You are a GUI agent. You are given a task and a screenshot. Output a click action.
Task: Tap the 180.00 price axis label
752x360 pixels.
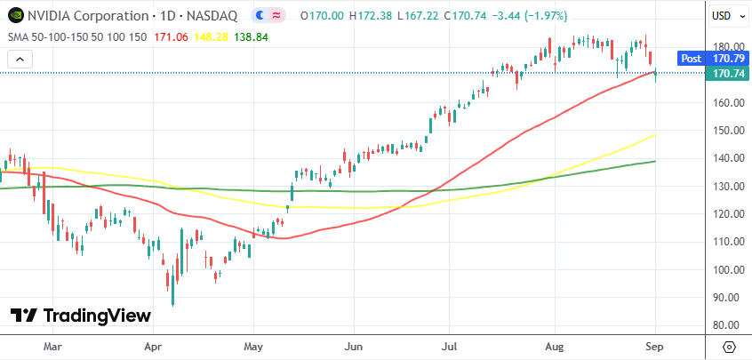(727, 47)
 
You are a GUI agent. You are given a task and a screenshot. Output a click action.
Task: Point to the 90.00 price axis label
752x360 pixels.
(727, 298)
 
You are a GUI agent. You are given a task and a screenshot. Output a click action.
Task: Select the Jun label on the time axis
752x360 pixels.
(354, 346)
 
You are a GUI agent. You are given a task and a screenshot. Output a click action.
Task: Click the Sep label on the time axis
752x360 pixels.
(655, 346)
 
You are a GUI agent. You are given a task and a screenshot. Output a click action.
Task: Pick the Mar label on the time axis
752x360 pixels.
(52, 346)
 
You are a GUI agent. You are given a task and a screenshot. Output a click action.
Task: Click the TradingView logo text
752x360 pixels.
(97, 316)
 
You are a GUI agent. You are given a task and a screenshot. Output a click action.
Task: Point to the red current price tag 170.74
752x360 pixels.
(728, 74)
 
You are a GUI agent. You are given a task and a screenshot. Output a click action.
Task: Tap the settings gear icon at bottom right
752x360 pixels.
(729, 347)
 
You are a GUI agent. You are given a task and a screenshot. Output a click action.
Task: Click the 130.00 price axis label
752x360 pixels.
(727, 186)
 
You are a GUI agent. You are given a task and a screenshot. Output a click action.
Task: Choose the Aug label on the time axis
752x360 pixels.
(555, 346)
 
